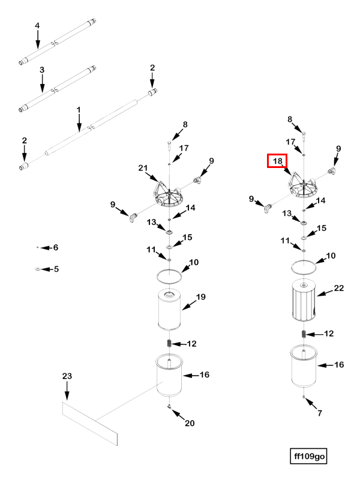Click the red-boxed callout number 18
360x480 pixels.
(277, 161)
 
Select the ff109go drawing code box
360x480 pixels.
(309, 456)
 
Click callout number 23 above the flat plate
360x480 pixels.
(67, 376)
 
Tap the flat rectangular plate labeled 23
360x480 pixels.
(90, 424)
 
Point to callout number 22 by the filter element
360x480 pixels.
(338, 289)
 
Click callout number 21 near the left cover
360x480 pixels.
(142, 167)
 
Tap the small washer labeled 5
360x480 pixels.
(37, 269)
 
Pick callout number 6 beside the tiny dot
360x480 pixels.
(56, 247)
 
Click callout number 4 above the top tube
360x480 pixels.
(37, 26)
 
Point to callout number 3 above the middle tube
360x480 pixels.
(42, 70)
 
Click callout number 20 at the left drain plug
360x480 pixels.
(190, 424)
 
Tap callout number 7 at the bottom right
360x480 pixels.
(319, 413)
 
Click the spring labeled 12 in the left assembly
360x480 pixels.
(169, 344)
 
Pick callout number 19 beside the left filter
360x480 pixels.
(200, 297)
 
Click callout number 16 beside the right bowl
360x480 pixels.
(338, 364)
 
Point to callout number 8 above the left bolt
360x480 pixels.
(185, 125)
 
